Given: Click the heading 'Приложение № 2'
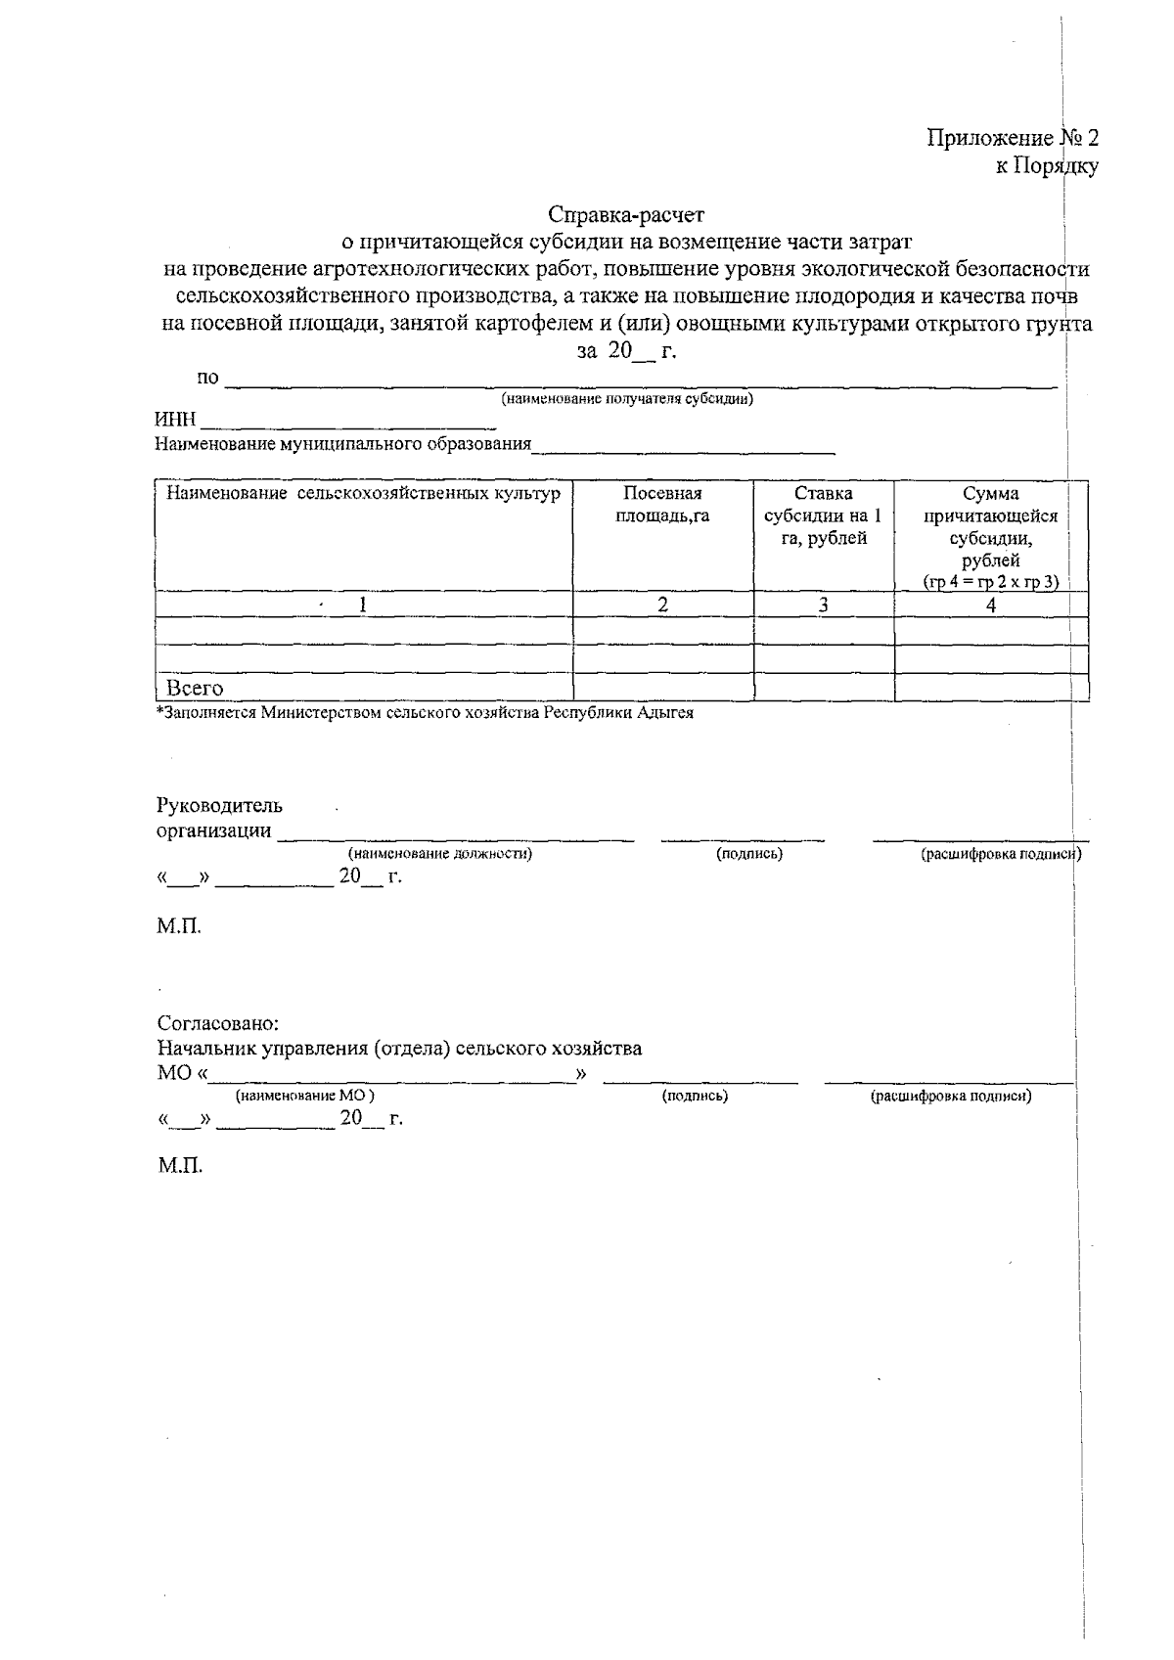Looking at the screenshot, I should (x=1013, y=138).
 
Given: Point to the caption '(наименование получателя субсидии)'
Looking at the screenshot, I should (x=627, y=399).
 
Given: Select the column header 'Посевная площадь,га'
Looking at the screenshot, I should (x=662, y=505).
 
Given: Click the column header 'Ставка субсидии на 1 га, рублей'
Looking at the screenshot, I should (x=824, y=516).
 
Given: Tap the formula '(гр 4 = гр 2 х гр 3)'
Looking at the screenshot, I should (x=991, y=581).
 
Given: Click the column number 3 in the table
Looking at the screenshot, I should (x=824, y=605).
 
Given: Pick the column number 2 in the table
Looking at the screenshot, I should (x=662, y=605).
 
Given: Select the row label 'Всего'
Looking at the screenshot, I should (x=195, y=688).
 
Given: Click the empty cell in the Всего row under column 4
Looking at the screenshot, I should (x=991, y=688).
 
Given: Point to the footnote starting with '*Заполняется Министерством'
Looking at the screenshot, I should (x=425, y=713).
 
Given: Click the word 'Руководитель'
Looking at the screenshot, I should (x=219, y=806).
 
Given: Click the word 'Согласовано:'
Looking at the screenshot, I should (x=218, y=1023).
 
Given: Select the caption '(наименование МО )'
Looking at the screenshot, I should (x=304, y=1097).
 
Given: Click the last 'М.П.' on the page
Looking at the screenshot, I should (x=180, y=1166).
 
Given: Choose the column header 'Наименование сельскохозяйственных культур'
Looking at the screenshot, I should (x=363, y=494).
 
